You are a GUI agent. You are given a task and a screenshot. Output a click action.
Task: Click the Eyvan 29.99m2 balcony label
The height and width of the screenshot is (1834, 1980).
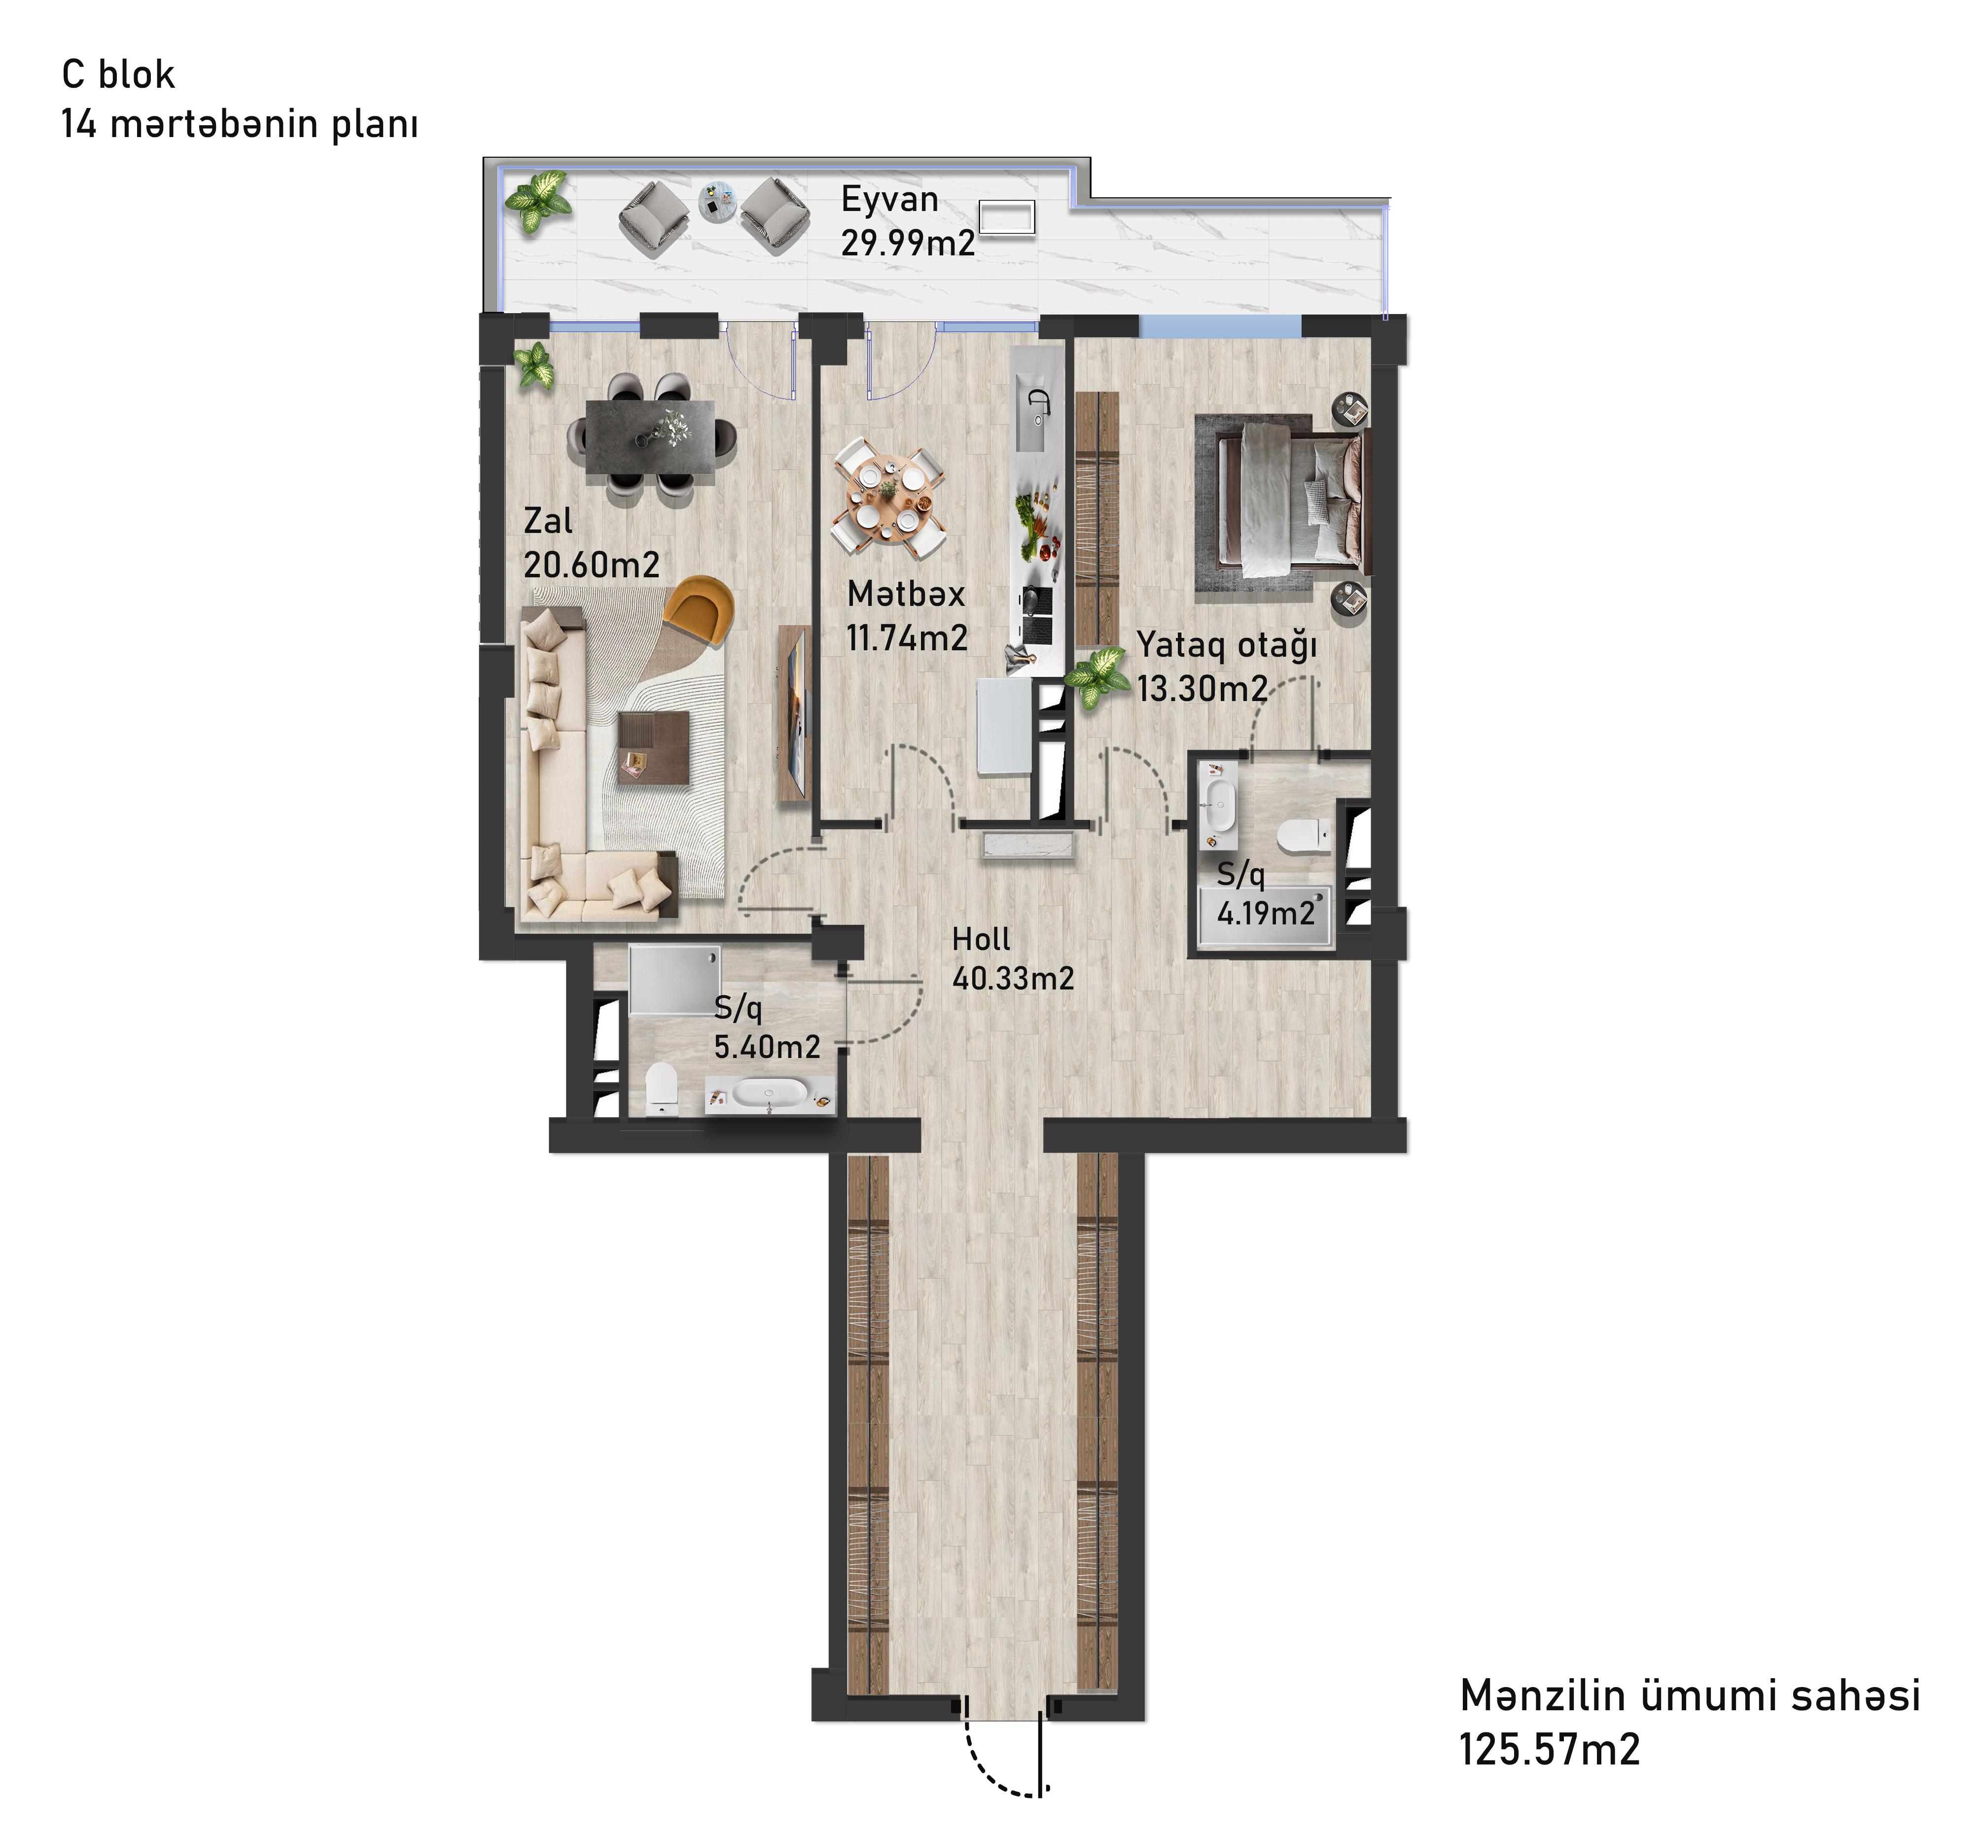pyautogui.click(x=907, y=220)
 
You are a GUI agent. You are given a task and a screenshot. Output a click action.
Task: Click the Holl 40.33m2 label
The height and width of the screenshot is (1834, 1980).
pyautogui.click(x=1012, y=959)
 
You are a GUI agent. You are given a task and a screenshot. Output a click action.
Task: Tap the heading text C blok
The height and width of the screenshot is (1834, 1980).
pyautogui.click(x=118, y=74)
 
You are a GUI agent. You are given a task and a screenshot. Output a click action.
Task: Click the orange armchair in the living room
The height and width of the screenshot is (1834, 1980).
pyautogui.click(x=699, y=607)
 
